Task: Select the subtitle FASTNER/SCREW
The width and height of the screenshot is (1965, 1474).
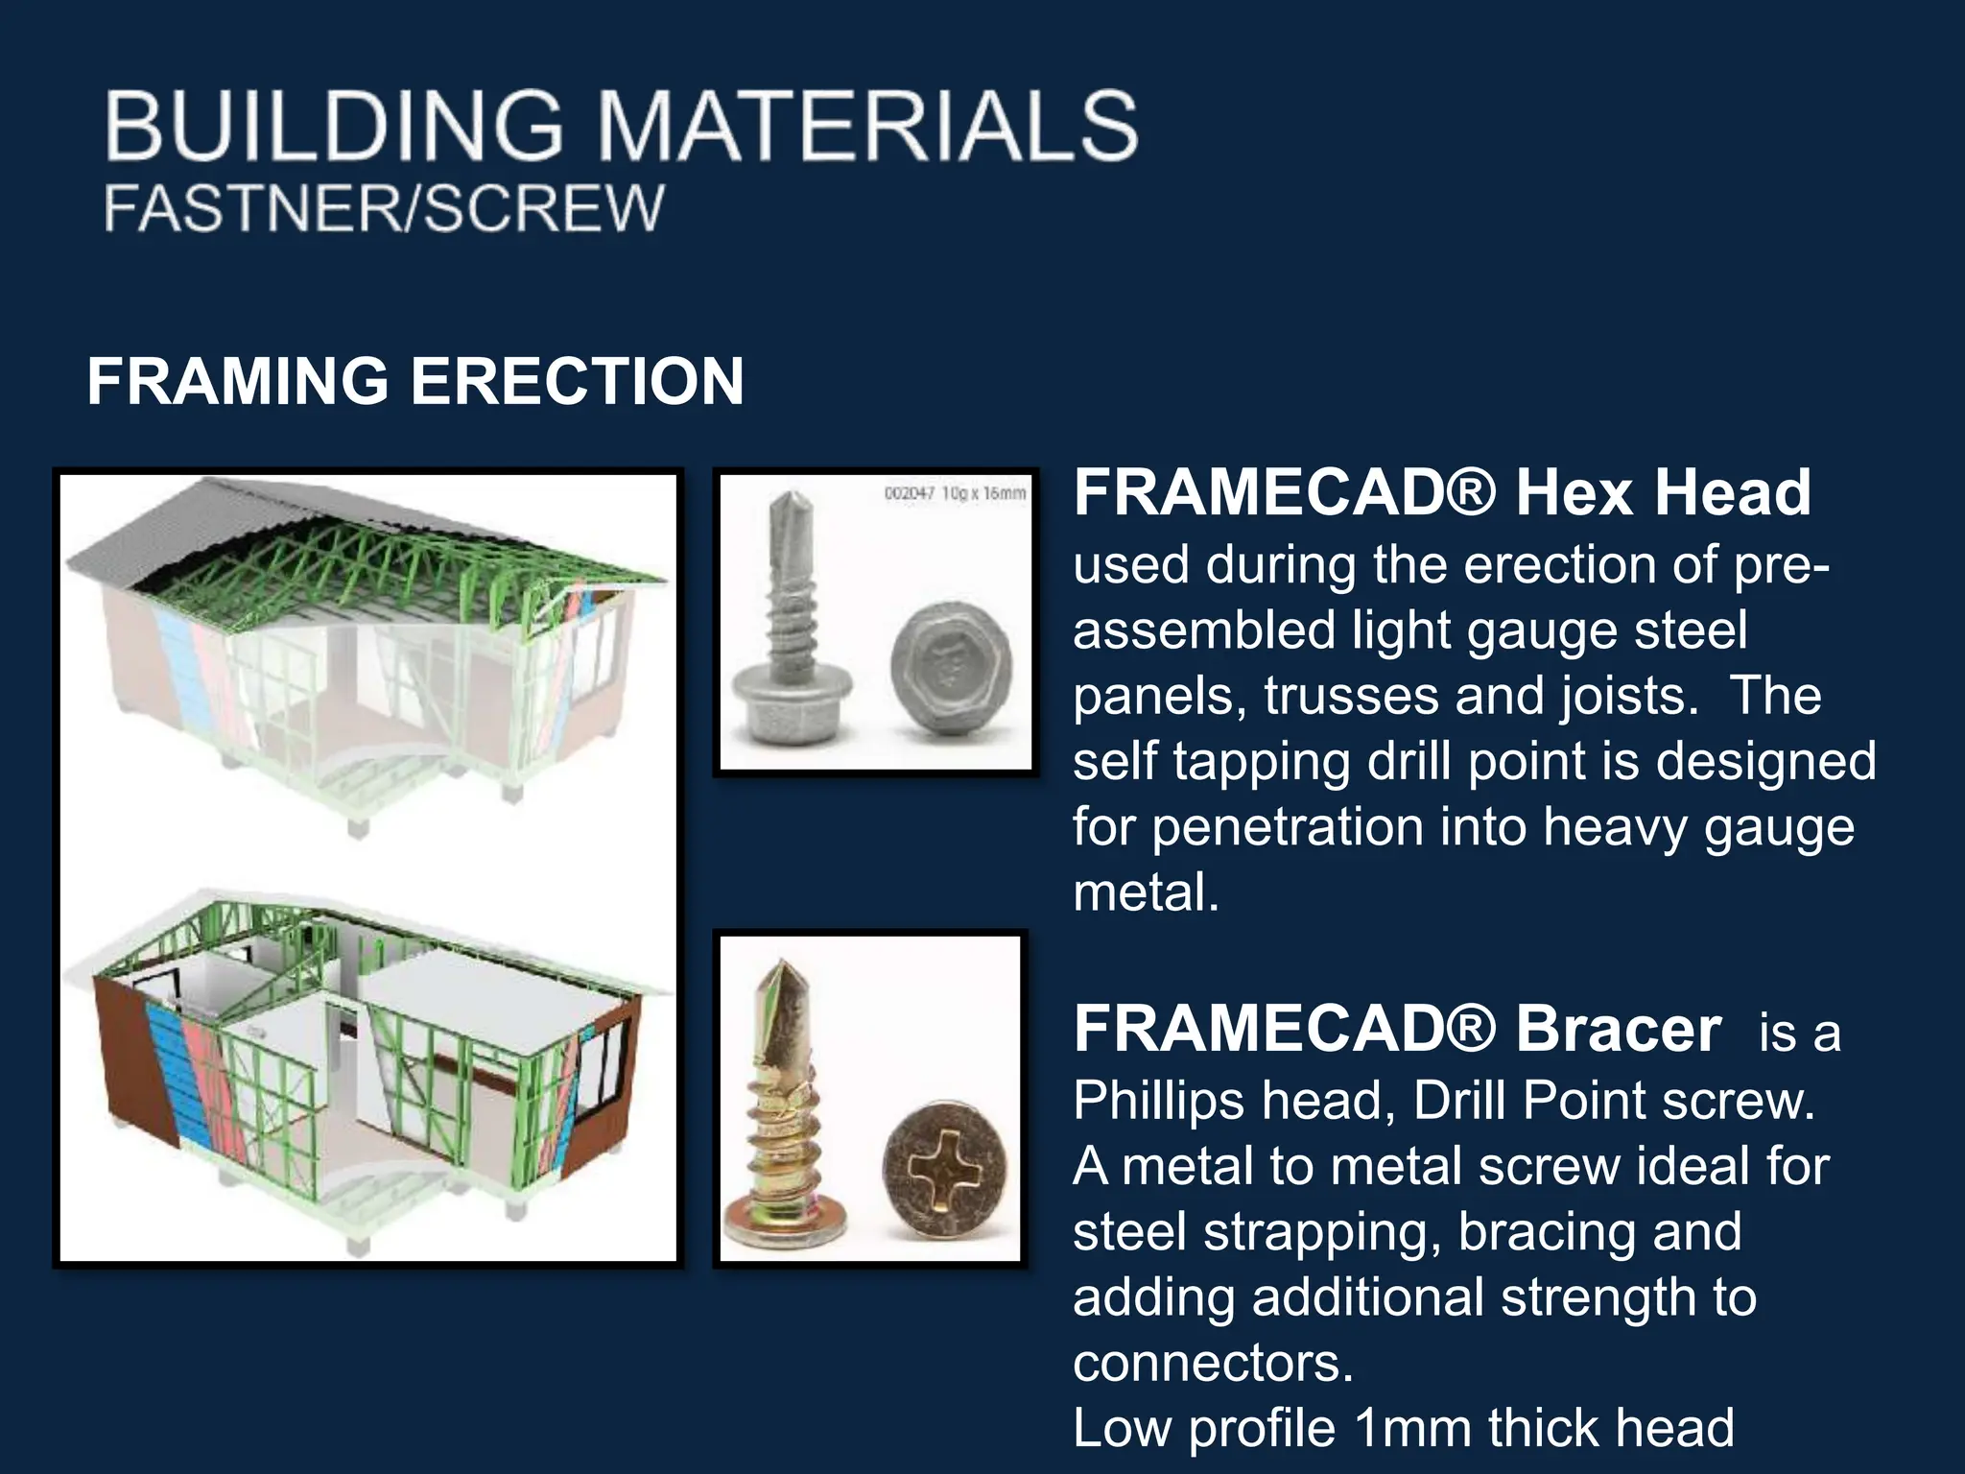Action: click(383, 207)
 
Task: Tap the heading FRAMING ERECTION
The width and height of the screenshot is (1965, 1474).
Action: click(415, 381)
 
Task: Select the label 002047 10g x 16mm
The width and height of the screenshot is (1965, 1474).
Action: click(954, 493)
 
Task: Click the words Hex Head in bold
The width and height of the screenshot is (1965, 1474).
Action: click(1663, 492)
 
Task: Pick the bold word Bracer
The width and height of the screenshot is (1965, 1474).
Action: click(1618, 1029)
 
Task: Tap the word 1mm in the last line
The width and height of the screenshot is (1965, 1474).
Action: click(1412, 1428)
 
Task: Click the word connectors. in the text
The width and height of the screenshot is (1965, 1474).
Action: click(1213, 1362)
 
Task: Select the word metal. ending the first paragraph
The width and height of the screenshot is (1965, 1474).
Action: click(1146, 893)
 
